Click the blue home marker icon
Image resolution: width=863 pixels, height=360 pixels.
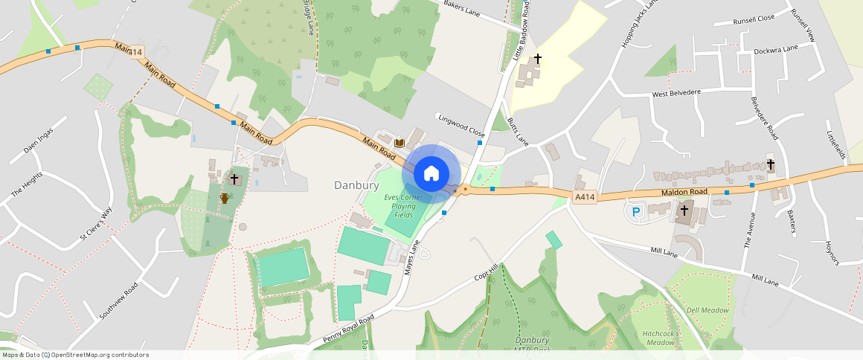pyautogui.click(x=431, y=173)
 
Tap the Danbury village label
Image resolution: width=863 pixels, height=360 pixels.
pyautogui.click(x=356, y=184)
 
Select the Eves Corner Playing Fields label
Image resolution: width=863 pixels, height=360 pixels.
pyautogui.click(x=403, y=206)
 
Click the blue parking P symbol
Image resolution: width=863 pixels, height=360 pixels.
pyautogui.click(x=636, y=211)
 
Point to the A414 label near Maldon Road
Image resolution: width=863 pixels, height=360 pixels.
pyautogui.click(x=585, y=196)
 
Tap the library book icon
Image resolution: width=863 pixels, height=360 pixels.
pyautogui.click(x=399, y=143)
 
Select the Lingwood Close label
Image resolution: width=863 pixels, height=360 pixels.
pyautogui.click(x=461, y=124)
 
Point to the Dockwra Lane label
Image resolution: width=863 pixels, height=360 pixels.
pyautogui.click(x=775, y=50)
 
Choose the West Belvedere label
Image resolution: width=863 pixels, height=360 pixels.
pyautogui.click(x=676, y=94)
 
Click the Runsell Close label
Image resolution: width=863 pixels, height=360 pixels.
pyautogui.click(x=754, y=19)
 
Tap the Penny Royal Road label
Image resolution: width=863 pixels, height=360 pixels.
pyautogui.click(x=348, y=327)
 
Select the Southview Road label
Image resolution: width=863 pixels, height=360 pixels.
pyautogui.click(x=118, y=301)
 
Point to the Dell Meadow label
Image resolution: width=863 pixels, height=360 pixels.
pyautogui.click(x=707, y=310)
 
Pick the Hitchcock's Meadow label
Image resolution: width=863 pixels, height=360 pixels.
pyautogui.click(x=660, y=338)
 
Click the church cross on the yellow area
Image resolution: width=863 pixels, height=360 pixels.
pyautogui.click(x=537, y=58)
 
